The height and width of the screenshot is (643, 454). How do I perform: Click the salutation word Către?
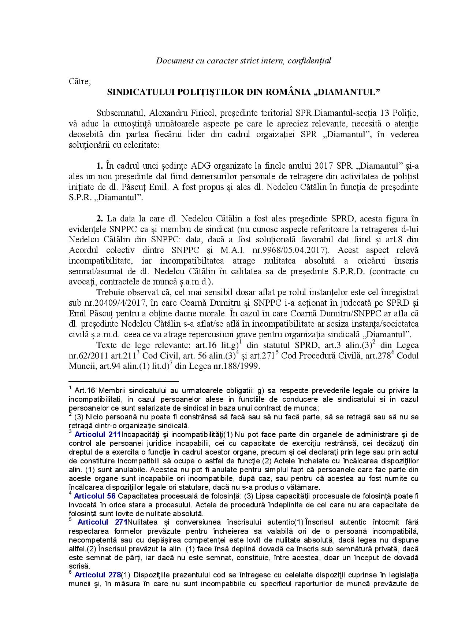tap(79, 81)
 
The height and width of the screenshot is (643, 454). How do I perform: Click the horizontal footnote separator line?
tap(123, 381)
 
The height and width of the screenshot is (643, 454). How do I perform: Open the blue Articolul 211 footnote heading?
tap(97, 435)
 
